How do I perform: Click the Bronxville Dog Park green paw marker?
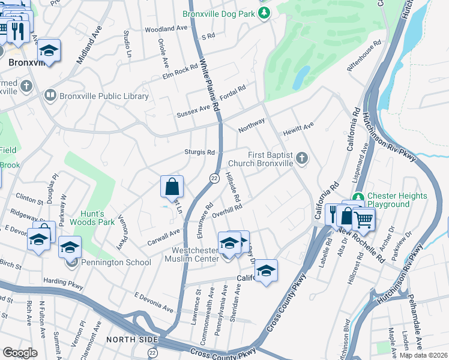pyautogui.click(x=263, y=14)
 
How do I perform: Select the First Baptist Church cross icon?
pyautogui.click(x=302, y=158)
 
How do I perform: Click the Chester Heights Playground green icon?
pyautogui.click(x=358, y=197)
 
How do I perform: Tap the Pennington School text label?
pyautogui.click(x=117, y=262)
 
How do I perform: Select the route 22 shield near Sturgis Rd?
pyautogui.click(x=214, y=178)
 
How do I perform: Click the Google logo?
pyautogui.click(x=20, y=352)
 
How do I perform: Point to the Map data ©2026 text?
pyautogui.click(x=423, y=355)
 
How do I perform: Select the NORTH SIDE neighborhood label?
pyautogui.click(x=127, y=340)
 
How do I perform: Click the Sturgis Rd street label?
pyautogui.click(x=202, y=152)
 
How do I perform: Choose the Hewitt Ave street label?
pyautogui.click(x=299, y=127)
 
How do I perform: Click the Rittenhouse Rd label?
pyautogui.click(x=365, y=56)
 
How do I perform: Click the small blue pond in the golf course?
pyautogui.click(x=303, y=76)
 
